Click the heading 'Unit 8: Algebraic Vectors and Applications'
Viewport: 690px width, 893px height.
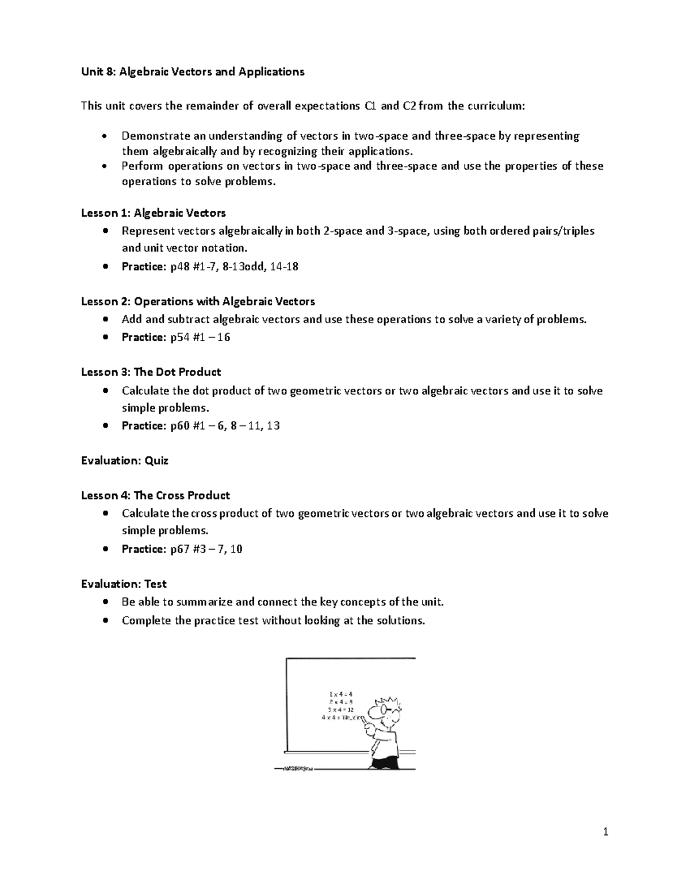193,72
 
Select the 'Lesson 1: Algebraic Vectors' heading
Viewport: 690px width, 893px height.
153,213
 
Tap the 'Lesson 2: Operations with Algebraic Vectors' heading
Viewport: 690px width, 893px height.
198,301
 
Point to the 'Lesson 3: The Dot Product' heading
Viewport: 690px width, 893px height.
151,372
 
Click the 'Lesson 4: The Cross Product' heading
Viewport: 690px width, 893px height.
155,496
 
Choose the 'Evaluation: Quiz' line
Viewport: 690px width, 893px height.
124,461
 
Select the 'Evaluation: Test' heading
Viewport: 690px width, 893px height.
124,584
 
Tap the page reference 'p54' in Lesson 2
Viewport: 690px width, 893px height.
180,338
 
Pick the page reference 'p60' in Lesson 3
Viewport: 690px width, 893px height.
180,426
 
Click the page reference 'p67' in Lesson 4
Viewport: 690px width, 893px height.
180,549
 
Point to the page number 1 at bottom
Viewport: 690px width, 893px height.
605,831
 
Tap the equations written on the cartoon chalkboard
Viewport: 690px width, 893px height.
341,706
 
